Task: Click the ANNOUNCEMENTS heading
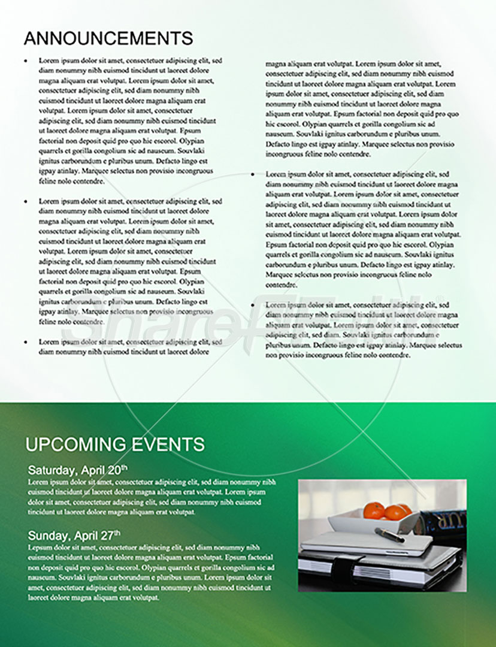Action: pyautogui.click(x=108, y=38)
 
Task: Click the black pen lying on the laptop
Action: pyautogui.click(x=389, y=534)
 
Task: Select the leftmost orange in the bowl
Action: pyautogui.click(x=374, y=510)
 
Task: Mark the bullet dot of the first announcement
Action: pyautogui.click(x=25, y=61)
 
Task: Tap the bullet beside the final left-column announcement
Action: pyautogui.click(x=25, y=342)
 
